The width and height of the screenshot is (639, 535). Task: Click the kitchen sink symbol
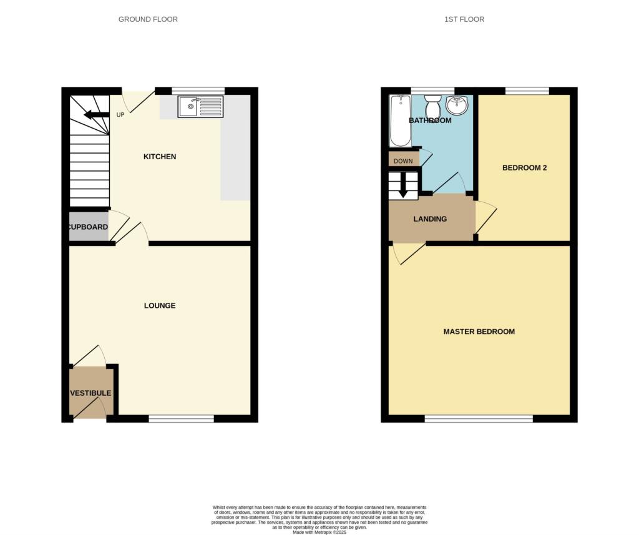[x=200, y=107]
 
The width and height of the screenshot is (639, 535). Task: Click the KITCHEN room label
[x=160, y=157]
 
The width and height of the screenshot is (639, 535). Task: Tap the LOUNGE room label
[x=160, y=306]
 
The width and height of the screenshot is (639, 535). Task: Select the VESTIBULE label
[x=90, y=393]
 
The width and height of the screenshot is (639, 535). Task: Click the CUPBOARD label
[x=88, y=227]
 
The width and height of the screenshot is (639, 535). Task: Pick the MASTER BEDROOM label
[x=479, y=331]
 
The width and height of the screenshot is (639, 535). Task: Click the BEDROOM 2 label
[x=525, y=168]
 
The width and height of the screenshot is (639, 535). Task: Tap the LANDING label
[x=430, y=219]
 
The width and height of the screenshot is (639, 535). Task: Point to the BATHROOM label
[x=430, y=120]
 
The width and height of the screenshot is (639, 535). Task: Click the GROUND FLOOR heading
[x=148, y=19]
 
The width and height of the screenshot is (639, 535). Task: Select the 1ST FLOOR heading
[x=464, y=19]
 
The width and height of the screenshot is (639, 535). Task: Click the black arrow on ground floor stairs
[x=95, y=114]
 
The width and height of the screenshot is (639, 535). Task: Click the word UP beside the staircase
[x=120, y=115]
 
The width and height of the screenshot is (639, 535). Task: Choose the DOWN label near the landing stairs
[x=403, y=161]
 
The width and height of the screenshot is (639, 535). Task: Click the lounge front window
[x=182, y=419]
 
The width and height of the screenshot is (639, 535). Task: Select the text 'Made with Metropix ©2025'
[x=319, y=531]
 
